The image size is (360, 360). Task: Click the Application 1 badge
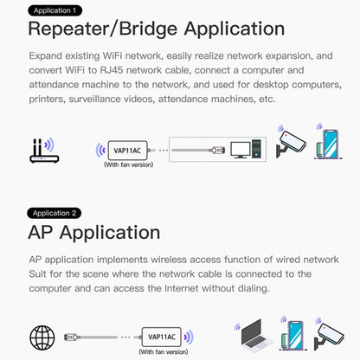56,11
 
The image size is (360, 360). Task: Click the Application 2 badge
56,212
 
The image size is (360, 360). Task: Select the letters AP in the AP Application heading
43,233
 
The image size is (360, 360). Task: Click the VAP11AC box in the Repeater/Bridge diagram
127,149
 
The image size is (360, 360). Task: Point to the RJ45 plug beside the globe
72,336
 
